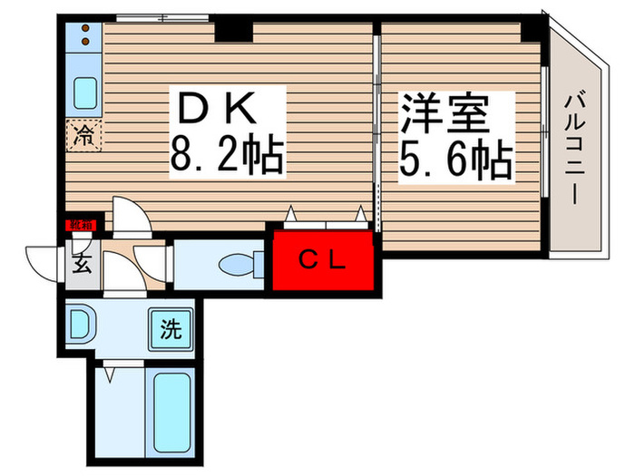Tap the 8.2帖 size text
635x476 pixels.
point(227,158)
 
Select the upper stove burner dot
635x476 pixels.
point(84,29)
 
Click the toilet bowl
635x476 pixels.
point(238,264)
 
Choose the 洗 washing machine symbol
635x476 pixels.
point(171,327)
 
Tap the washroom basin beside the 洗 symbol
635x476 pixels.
point(80,325)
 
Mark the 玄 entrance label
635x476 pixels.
point(81,266)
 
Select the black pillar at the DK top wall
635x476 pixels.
point(234,30)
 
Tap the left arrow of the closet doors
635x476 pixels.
point(292,215)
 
